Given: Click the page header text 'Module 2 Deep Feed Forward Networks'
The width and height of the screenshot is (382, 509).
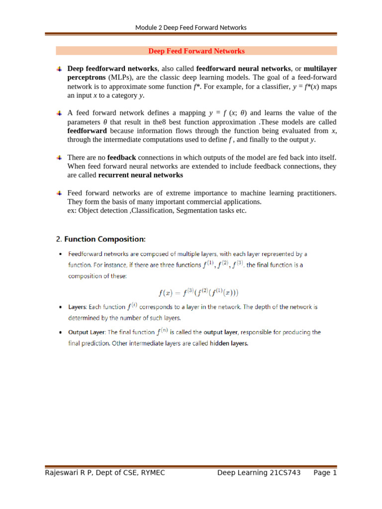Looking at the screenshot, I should point(191,27).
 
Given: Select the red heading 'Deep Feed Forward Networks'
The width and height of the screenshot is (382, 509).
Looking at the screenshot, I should point(197,51).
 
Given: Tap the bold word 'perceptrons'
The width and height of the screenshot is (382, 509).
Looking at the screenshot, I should point(86,78).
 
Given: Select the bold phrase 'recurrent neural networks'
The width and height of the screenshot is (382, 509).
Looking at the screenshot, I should point(141,175).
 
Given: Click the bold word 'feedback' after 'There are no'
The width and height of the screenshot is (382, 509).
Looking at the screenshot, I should point(118,158).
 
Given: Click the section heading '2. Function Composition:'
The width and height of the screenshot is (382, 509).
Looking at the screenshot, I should point(101,239).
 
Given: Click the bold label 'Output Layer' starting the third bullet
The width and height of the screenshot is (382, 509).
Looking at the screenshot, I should point(87,332).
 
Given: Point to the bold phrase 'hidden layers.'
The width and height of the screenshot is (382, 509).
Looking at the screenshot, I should point(229,343).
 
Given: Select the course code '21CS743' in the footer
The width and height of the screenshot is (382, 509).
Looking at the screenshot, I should point(285,473).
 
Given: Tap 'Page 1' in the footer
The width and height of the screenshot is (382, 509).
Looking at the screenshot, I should point(325,473).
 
